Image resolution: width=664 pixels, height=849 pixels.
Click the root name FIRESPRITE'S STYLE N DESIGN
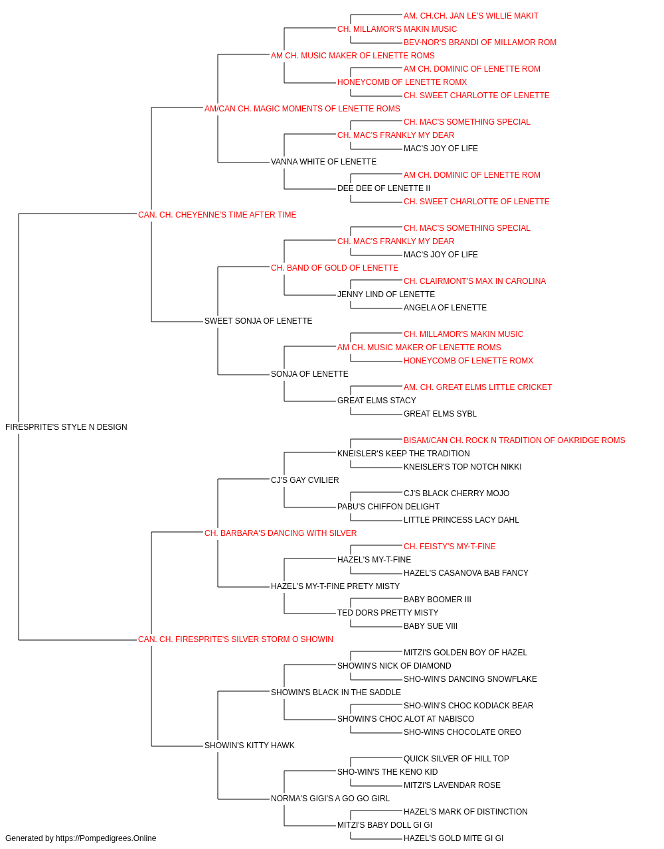pos(66,427)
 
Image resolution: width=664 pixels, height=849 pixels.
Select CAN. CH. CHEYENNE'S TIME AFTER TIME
pos(217,215)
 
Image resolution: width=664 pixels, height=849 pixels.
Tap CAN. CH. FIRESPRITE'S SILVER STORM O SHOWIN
pos(236,639)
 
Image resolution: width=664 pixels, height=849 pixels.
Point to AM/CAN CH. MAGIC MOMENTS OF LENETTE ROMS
pos(302,109)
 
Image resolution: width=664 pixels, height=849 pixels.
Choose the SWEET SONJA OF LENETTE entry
pos(258,321)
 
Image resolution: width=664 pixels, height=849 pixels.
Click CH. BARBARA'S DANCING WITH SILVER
pos(280,533)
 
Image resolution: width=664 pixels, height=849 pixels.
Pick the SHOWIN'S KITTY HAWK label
pos(250,745)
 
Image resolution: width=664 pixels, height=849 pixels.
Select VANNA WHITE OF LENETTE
pos(324,162)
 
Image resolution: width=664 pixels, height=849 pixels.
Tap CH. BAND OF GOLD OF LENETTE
pos(335,268)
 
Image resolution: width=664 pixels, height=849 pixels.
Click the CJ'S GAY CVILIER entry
pos(305,480)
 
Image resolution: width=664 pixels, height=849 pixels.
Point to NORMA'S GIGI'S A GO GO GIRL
pos(331,798)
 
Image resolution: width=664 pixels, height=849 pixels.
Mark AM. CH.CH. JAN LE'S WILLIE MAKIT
pos(471,16)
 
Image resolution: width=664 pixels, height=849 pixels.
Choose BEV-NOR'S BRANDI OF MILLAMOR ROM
pos(480,42)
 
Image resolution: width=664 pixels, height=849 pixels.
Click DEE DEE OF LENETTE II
pos(384,188)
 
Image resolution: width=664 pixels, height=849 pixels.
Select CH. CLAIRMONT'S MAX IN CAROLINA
pos(475,281)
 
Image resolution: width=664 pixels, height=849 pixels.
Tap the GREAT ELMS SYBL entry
pos(440,414)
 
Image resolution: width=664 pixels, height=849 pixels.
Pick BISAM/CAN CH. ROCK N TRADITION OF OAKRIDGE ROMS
pos(514,440)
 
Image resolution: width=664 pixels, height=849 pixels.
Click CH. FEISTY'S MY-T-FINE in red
pos(450,546)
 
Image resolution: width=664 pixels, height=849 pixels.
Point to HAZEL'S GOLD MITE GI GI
pos(454,838)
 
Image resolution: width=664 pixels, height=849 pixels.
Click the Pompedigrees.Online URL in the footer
pos(106,838)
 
